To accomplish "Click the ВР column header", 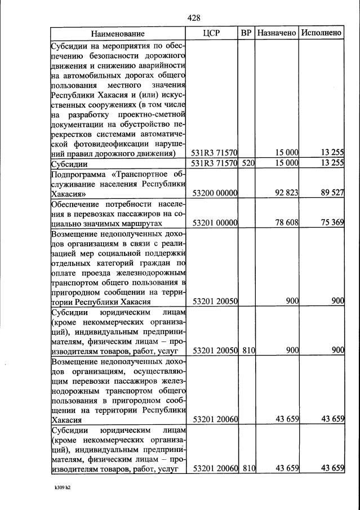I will (246, 33).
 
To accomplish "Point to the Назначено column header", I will (277, 33).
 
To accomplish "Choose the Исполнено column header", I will (322, 33).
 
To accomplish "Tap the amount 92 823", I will (286, 193).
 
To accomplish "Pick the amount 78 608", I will (286, 223).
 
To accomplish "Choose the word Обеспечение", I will (77, 203).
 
